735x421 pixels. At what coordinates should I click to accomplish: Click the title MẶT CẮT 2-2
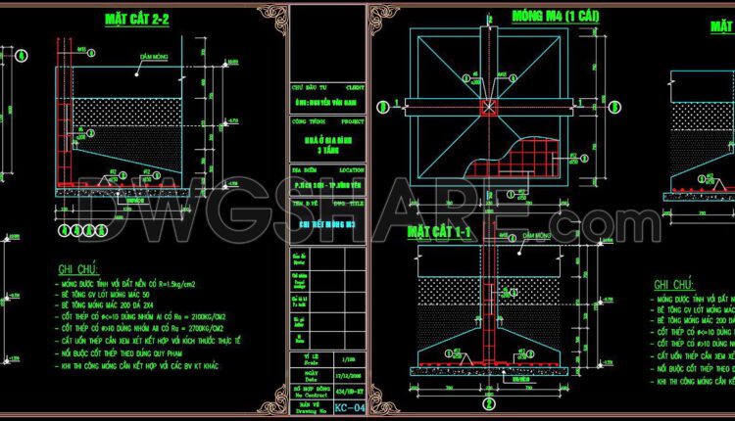[137, 19]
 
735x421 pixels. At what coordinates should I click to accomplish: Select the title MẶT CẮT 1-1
[441, 231]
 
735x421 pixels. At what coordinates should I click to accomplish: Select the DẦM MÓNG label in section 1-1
[537, 236]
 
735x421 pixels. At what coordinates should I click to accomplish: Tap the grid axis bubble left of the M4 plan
[391, 104]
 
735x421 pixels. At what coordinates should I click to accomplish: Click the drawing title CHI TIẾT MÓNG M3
[328, 222]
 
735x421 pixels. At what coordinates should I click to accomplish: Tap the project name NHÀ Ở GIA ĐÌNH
[328, 143]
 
